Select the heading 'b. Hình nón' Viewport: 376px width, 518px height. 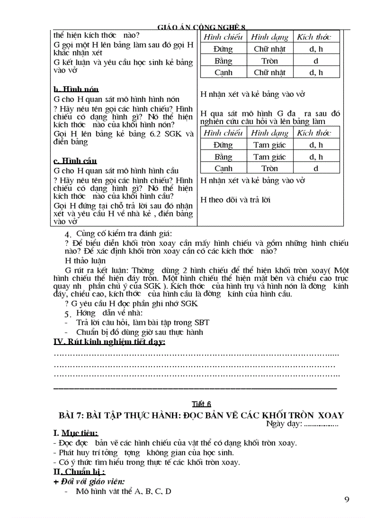(76, 89)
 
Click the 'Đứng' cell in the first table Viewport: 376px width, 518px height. (223, 49)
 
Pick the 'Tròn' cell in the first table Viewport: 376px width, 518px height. (270, 61)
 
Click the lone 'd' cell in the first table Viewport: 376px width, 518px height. (316, 61)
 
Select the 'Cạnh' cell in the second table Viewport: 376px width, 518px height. (223, 169)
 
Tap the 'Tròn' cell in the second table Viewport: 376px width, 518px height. (270, 169)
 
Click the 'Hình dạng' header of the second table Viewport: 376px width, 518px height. (270, 133)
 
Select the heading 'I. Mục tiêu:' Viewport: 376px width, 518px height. (76, 433)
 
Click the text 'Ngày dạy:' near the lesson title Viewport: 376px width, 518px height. (284, 424)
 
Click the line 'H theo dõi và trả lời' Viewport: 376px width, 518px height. (235, 200)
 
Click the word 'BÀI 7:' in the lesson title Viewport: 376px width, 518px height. (71, 415)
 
